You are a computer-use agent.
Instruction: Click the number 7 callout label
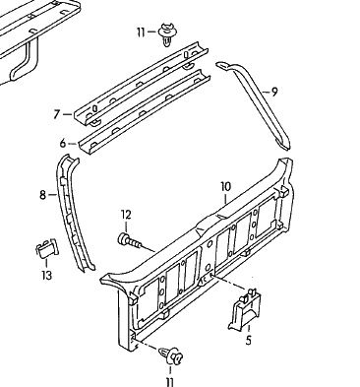[x=57, y=114]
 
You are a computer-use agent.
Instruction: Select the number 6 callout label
[x=63, y=143]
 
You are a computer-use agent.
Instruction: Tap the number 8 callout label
[x=43, y=195]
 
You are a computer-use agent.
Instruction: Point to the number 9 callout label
[x=274, y=92]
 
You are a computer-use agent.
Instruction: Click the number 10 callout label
[x=225, y=187]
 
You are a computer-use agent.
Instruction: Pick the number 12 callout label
[x=126, y=215]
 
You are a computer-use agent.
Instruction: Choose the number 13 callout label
[x=46, y=275]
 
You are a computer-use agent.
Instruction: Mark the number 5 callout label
[x=248, y=341]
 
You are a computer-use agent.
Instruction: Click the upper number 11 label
[x=141, y=32]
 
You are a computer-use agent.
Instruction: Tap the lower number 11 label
[x=169, y=382]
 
